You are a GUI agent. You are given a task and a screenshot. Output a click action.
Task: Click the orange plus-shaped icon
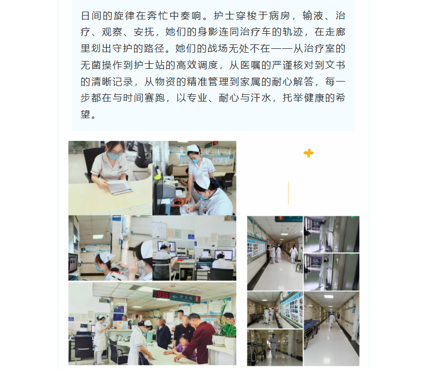tap(309, 153)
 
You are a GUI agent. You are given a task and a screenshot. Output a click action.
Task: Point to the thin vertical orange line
tap(288, 193)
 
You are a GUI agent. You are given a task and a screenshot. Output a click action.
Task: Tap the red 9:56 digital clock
tap(162, 295)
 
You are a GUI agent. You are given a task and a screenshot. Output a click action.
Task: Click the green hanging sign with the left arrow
tap(186, 297)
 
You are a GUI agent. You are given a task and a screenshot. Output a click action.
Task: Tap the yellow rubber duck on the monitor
tap(157, 176)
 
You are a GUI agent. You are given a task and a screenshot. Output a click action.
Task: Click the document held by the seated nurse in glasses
tap(120, 186)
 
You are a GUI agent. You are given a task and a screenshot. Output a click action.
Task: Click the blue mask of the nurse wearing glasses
tap(114, 156)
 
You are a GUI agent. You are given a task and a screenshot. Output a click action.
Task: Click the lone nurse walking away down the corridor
tap(331, 320)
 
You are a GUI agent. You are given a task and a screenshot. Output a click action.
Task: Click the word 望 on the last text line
tap(86, 114)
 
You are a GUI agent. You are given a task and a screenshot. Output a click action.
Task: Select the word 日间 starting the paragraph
tap(91, 16)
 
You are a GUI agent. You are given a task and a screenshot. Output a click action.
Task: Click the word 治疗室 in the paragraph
tap(320, 49)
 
